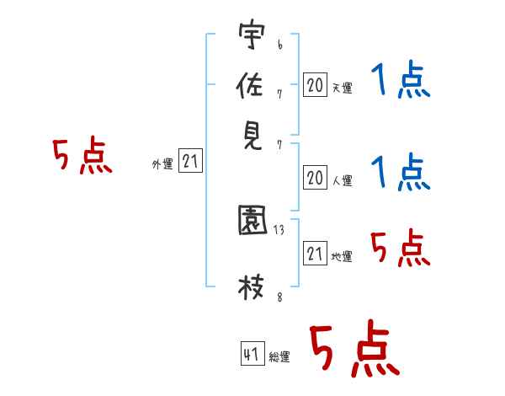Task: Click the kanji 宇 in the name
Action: point(252,34)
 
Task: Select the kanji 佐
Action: point(250,85)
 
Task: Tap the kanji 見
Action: point(252,136)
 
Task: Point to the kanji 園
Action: point(252,220)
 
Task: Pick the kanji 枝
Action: point(251,287)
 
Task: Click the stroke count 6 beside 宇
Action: point(280,45)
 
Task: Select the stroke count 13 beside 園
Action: point(279,230)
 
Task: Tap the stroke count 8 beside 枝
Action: point(280,297)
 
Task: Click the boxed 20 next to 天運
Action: point(315,85)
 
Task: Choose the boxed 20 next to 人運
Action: point(315,178)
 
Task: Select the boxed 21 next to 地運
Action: point(315,253)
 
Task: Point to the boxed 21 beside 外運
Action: point(190,161)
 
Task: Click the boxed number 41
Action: point(252,353)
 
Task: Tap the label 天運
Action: point(343,88)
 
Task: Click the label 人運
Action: point(343,180)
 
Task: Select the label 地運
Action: point(342,256)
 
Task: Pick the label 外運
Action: point(162,163)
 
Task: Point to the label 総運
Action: point(279,357)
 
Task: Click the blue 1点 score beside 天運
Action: point(401,79)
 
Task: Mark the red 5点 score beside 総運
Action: point(355,348)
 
